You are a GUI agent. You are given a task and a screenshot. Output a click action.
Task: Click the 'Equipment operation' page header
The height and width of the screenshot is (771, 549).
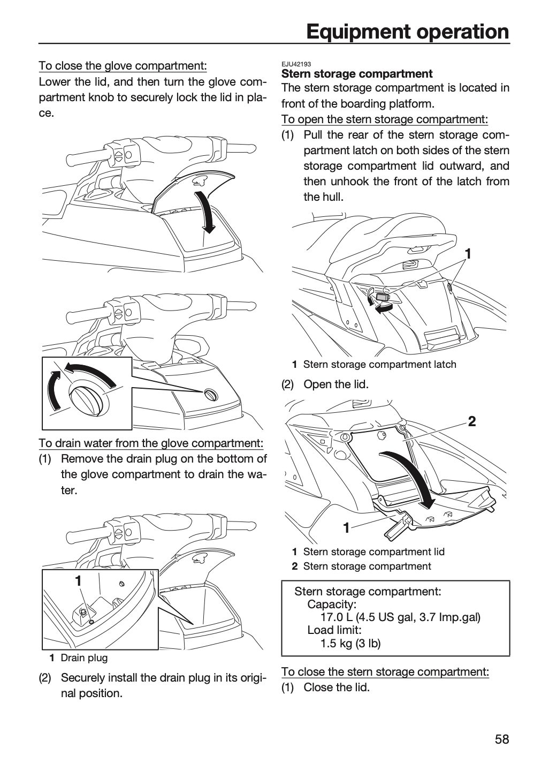click(408, 32)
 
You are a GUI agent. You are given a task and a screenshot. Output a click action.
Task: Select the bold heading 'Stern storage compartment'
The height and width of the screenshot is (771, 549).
click(357, 74)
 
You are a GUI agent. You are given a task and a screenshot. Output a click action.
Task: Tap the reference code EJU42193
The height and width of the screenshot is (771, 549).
click(296, 64)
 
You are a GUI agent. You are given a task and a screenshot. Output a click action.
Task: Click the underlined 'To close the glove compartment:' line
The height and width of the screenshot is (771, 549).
click(123, 66)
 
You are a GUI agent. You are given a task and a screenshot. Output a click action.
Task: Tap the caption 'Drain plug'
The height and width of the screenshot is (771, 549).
click(85, 657)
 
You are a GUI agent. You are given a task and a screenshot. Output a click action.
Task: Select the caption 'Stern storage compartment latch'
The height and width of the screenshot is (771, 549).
click(380, 364)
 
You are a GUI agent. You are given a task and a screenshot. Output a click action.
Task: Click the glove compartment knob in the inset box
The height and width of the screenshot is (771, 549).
click(85, 398)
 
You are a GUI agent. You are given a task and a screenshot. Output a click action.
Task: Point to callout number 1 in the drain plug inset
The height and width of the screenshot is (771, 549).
click(79, 581)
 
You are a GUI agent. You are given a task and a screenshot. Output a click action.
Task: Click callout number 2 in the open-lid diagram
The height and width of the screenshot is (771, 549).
click(472, 421)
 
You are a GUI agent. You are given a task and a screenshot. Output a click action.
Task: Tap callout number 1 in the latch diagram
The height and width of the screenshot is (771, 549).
click(468, 254)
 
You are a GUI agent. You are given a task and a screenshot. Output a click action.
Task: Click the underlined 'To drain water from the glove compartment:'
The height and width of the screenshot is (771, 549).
click(151, 443)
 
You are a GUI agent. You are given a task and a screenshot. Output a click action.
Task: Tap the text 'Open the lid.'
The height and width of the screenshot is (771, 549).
click(336, 384)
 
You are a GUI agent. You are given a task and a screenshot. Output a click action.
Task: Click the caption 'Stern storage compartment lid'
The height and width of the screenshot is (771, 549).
click(374, 551)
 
